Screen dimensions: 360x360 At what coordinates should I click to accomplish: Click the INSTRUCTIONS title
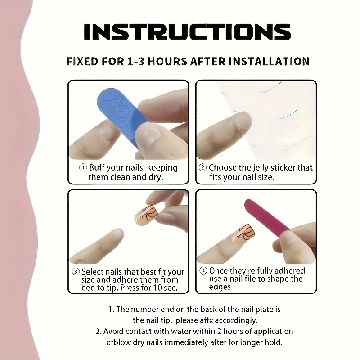point(187,31)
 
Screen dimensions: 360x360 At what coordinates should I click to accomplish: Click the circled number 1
point(83,167)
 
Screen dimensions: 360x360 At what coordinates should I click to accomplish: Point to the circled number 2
point(203,167)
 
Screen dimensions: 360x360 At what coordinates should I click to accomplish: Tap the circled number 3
point(76,272)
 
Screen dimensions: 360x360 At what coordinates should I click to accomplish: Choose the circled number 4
point(203,271)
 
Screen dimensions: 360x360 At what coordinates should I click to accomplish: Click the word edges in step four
point(221,287)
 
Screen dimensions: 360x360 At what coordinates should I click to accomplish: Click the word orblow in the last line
point(118,342)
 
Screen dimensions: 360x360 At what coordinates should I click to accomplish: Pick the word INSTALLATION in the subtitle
point(269,62)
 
